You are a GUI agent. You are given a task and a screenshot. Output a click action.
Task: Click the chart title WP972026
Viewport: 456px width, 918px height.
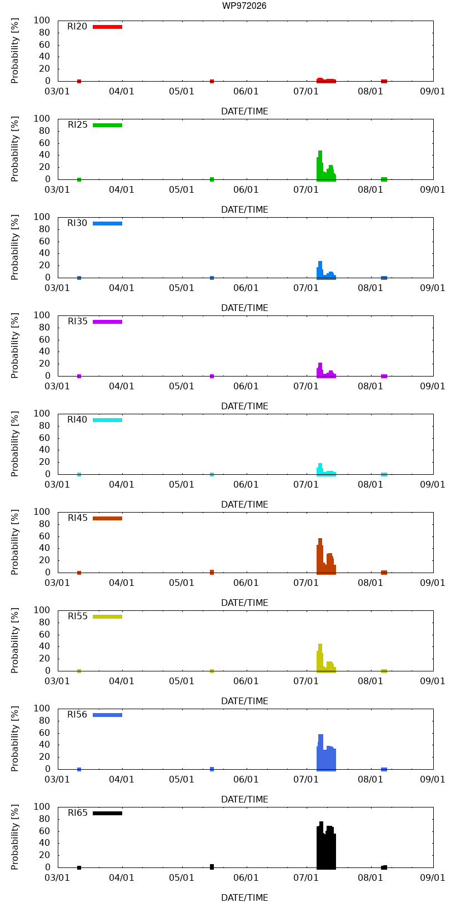pyautogui.click(x=244, y=6)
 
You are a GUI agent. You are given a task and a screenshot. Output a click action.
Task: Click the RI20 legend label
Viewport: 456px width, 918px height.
pyautogui.click(x=77, y=27)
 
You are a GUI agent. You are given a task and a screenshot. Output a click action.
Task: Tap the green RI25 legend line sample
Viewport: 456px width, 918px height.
pyautogui.click(x=107, y=126)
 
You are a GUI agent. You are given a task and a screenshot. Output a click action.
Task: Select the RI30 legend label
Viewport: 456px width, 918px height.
pyautogui.click(x=77, y=223)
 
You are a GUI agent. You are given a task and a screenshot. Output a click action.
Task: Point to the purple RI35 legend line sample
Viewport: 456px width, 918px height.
pyautogui.click(x=107, y=322)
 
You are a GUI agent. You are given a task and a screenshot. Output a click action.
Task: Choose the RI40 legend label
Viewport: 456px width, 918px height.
pyautogui.click(x=77, y=420)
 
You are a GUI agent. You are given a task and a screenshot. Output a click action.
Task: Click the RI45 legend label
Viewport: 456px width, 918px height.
pyautogui.click(x=77, y=518)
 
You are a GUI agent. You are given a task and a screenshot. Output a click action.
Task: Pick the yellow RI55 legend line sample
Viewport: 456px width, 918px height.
pyautogui.click(x=107, y=617)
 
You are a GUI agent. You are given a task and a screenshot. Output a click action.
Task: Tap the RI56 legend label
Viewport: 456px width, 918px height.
pyautogui.click(x=77, y=715)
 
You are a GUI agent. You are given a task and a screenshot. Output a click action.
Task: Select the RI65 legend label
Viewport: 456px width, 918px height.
pyautogui.click(x=77, y=813)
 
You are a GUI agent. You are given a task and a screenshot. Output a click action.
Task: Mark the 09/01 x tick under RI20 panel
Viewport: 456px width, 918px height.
pyautogui.click(x=433, y=92)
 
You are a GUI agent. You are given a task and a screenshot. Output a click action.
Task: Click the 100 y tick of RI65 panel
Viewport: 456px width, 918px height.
pyautogui.click(x=42, y=806)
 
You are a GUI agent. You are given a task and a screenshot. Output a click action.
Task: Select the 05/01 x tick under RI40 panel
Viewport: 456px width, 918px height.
pyautogui.click(x=182, y=484)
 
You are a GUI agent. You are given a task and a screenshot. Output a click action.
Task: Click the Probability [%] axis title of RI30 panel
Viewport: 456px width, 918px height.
pyautogui.click(x=15, y=248)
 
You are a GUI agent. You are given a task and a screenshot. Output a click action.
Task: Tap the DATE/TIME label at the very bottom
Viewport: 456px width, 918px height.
pyautogui.click(x=244, y=897)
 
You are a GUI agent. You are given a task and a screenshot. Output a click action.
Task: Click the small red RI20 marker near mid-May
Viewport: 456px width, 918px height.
pyautogui.click(x=212, y=81)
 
